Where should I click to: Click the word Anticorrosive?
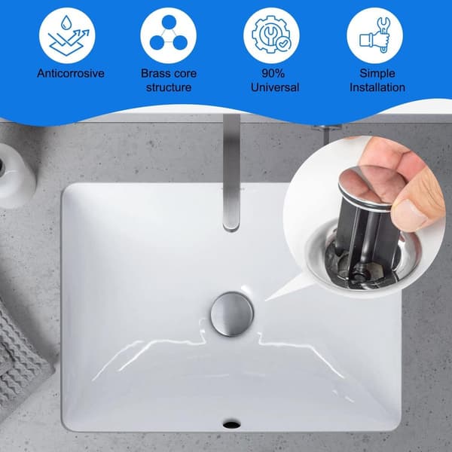71,73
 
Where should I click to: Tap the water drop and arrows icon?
69,35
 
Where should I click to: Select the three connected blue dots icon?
169,32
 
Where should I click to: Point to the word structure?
169,87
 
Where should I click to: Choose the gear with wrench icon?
271,35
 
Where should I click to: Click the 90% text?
273,73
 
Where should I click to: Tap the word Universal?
275,87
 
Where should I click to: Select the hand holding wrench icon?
374,35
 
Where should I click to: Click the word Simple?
377,73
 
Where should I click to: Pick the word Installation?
377,87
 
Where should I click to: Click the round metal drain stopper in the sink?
232,314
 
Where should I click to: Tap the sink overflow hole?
231,424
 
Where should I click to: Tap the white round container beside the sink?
16,175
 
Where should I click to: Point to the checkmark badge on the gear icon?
284,44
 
